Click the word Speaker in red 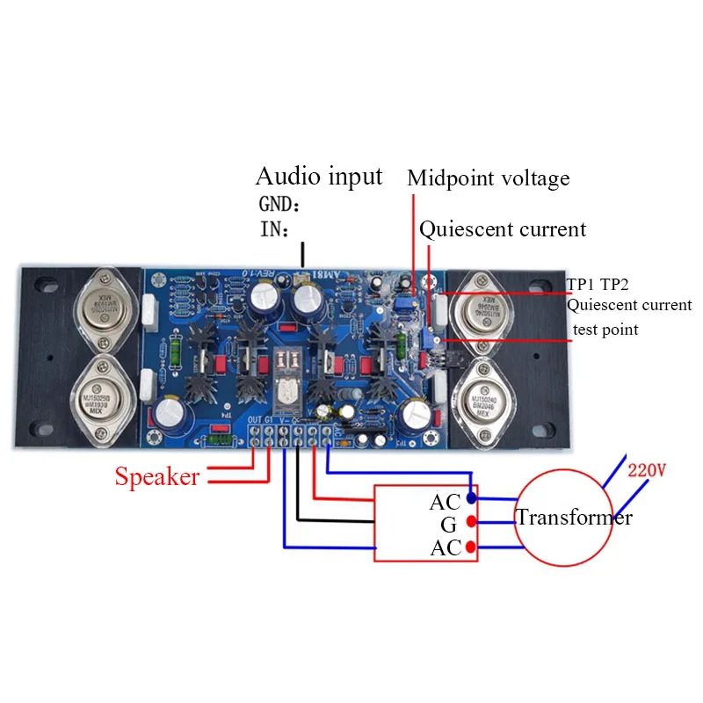[156, 476]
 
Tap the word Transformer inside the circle [574, 518]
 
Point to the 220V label [647, 470]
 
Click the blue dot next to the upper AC [473, 499]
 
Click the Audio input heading [319, 176]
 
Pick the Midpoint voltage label [489, 179]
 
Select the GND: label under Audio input [279, 205]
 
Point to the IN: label [275, 229]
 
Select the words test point [606, 330]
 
